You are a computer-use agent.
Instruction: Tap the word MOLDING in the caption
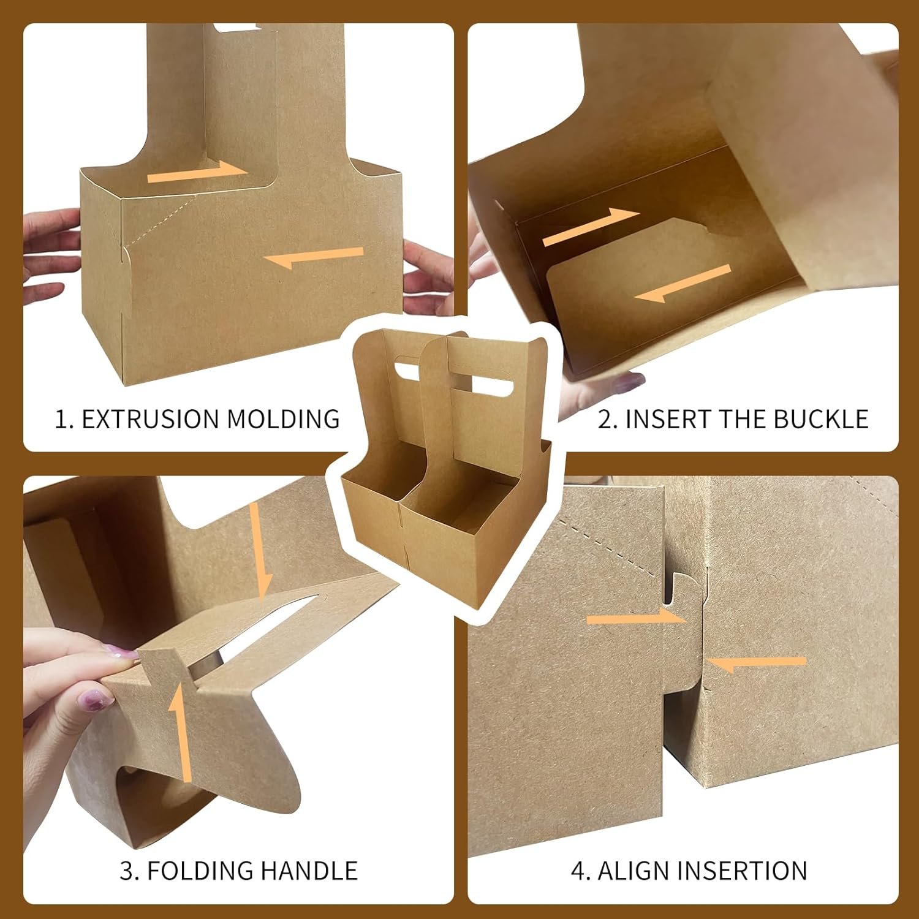coord(284,419)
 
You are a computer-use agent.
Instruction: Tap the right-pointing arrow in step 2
coord(591,226)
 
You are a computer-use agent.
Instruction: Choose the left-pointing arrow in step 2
coord(683,284)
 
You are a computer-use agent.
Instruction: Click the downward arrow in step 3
coord(260,551)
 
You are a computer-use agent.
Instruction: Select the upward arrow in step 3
coord(180,732)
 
